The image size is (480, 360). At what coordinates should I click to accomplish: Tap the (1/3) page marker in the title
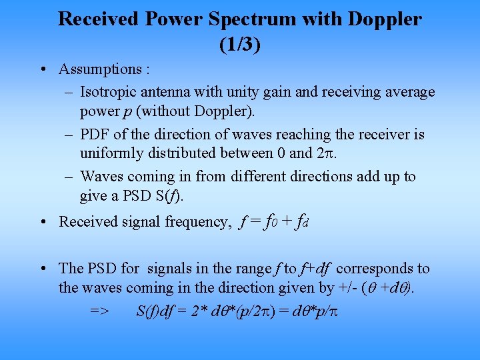click(x=239, y=45)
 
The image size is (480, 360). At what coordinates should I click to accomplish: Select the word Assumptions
click(x=100, y=69)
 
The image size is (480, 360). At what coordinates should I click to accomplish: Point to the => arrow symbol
click(x=100, y=311)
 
